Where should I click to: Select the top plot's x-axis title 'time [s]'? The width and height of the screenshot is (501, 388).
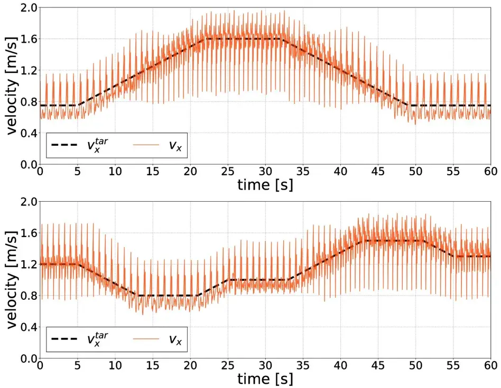[x=265, y=185]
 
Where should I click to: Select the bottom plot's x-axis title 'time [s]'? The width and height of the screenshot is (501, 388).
[x=265, y=378]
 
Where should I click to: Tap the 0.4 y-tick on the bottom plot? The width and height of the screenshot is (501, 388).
[x=25, y=327]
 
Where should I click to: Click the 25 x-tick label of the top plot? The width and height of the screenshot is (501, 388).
[x=228, y=171]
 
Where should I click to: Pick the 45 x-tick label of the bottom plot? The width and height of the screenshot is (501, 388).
[x=378, y=365]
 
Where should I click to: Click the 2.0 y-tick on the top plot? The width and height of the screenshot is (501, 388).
[x=25, y=8]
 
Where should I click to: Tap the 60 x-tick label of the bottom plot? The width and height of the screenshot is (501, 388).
[x=490, y=365]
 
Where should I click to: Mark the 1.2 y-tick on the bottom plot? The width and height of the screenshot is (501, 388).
[x=25, y=264]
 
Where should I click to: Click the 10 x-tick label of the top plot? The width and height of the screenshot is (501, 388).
[x=115, y=171]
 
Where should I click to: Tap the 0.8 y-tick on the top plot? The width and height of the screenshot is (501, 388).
[x=25, y=102]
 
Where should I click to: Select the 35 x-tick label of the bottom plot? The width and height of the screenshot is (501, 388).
[x=303, y=365]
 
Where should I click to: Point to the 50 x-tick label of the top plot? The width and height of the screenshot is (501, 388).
[x=415, y=171]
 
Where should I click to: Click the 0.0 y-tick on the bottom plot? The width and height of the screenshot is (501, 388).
[x=25, y=358]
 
